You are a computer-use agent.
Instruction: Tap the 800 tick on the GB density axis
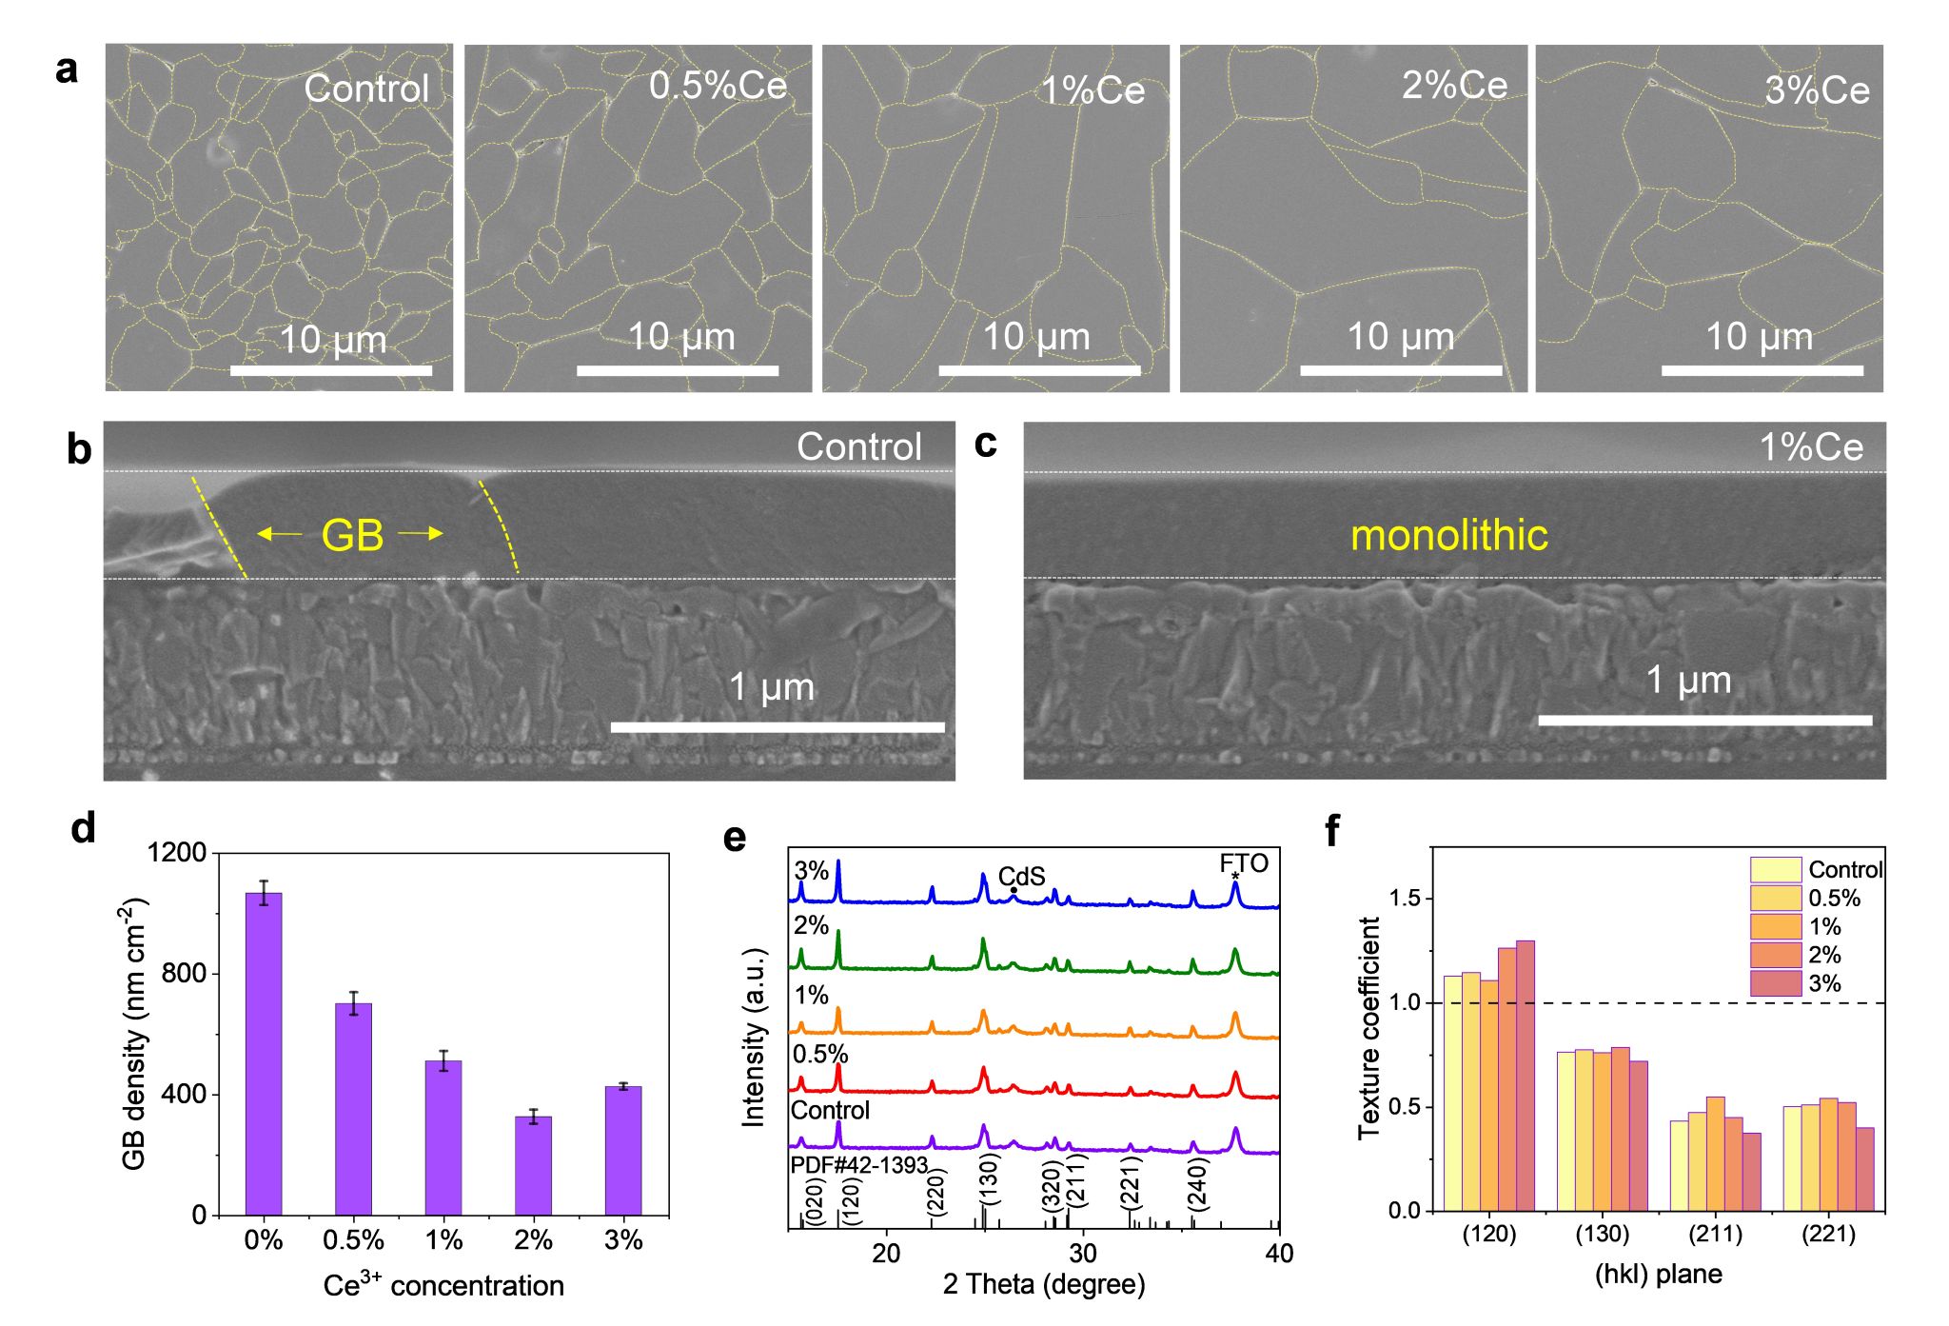[x=185, y=973]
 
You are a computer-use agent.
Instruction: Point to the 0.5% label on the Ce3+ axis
[x=353, y=1240]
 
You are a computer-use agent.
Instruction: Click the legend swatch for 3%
[x=1775, y=983]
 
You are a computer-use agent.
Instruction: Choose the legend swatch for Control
[x=1775, y=869]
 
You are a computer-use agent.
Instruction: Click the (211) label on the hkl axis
[x=1715, y=1235]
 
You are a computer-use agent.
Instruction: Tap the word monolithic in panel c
[x=1448, y=535]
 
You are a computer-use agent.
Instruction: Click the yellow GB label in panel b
[x=352, y=535]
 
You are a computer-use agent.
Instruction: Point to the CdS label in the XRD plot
[x=1021, y=876]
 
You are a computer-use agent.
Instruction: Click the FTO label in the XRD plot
[x=1244, y=863]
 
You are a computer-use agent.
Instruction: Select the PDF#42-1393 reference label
[x=858, y=1165]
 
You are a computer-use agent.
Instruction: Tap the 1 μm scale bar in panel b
[x=778, y=727]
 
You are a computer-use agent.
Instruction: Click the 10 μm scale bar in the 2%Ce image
[x=1401, y=369]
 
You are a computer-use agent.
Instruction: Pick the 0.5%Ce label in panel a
[x=718, y=86]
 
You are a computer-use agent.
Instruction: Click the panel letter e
[x=735, y=838]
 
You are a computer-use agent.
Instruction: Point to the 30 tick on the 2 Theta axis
[x=1083, y=1253]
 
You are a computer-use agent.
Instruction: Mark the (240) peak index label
[x=1197, y=1183]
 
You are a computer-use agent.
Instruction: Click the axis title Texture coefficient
[x=1368, y=1028]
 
